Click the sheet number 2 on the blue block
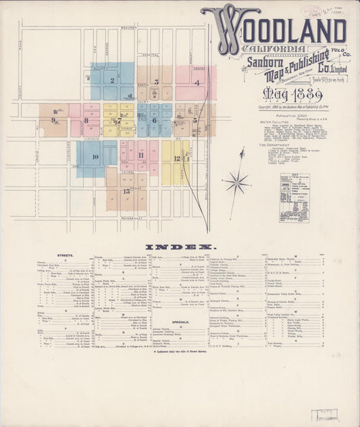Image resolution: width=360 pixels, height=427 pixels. tap(112, 80)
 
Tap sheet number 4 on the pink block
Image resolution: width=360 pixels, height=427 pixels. tap(197, 82)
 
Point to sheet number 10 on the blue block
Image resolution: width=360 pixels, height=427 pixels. tap(95, 157)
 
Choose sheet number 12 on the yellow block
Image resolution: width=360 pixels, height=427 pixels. tap(176, 159)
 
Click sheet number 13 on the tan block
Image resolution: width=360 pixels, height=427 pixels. tap(126, 191)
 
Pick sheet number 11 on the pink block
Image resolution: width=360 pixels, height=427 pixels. tap(140, 155)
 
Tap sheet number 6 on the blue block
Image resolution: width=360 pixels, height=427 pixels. tap(154, 121)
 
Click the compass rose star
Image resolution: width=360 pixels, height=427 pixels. tap(237, 181)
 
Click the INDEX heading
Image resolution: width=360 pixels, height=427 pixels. tap(180, 246)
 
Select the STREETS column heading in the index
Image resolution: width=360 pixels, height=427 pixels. tap(66, 255)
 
